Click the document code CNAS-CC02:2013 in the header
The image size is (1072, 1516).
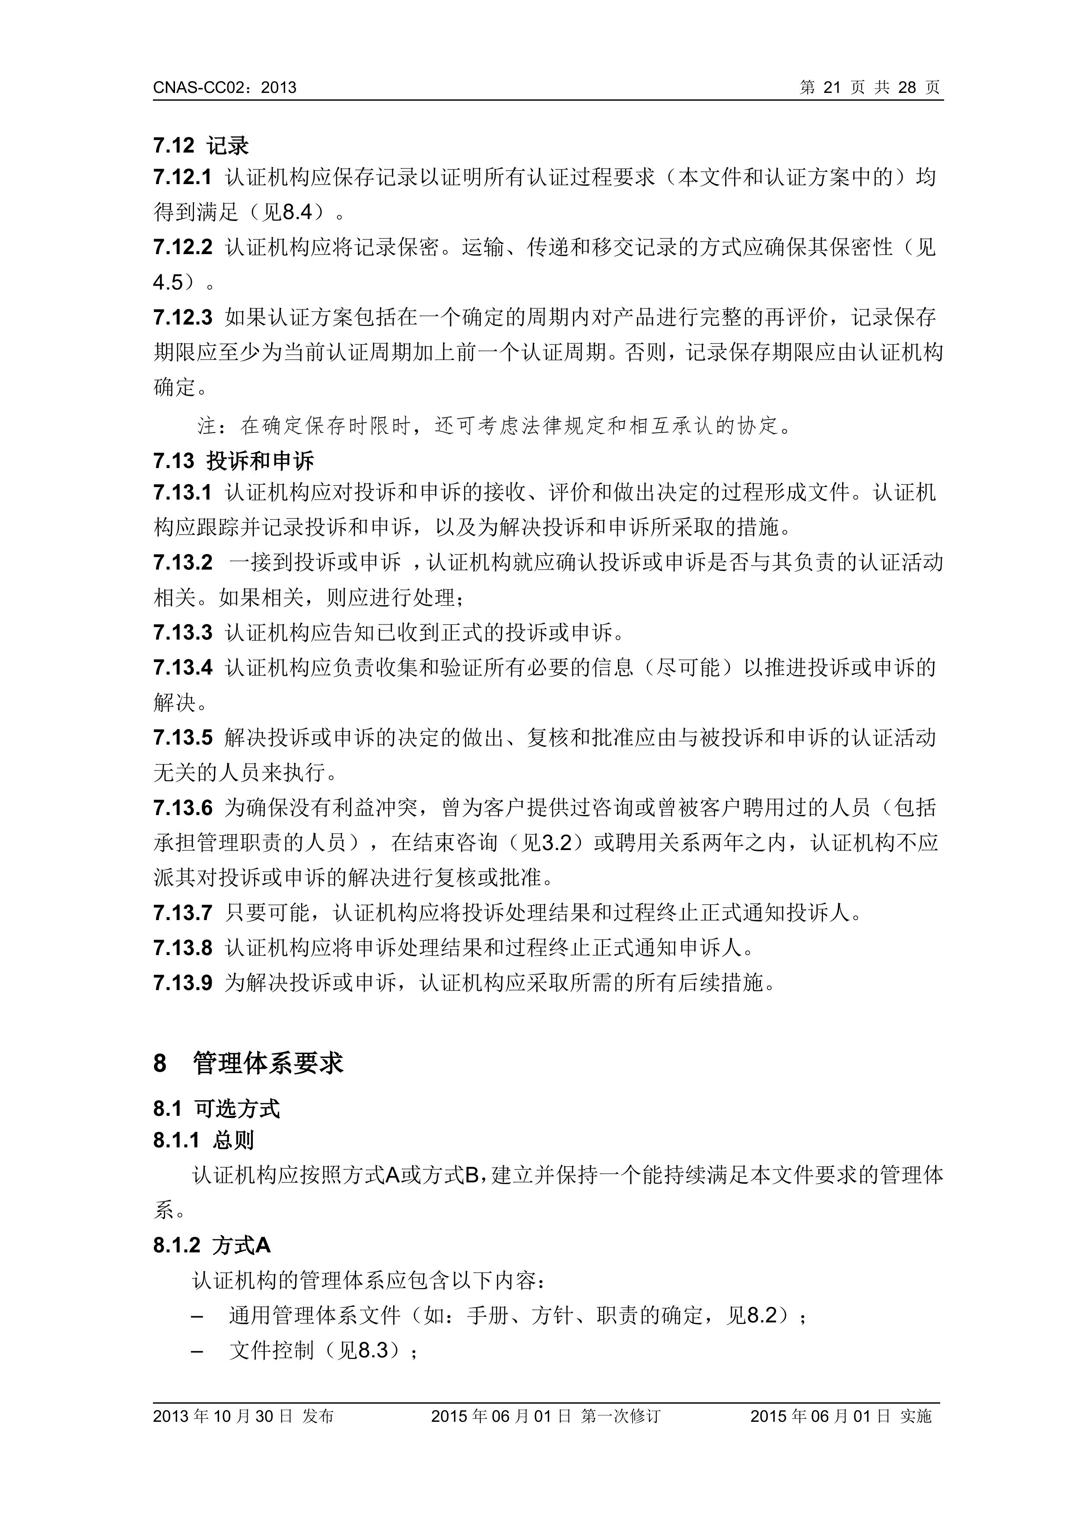tap(224, 88)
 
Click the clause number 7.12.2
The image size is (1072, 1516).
tap(183, 248)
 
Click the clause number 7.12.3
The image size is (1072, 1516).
tap(183, 318)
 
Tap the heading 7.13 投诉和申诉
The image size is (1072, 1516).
tap(234, 461)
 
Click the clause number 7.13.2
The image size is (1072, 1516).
tap(183, 563)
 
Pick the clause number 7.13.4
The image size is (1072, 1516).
tap(183, 668)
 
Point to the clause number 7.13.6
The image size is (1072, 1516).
tap(183, 808)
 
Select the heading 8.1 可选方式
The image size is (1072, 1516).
tap(216, 1108)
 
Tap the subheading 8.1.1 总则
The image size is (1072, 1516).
tap(204, 1140)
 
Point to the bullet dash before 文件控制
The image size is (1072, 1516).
tap(197, 1351)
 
